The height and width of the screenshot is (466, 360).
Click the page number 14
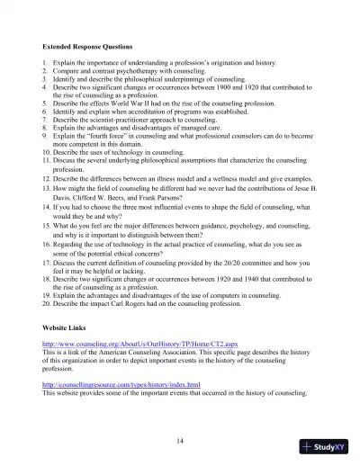point(180,440)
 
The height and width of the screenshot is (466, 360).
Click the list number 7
point(45,119)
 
